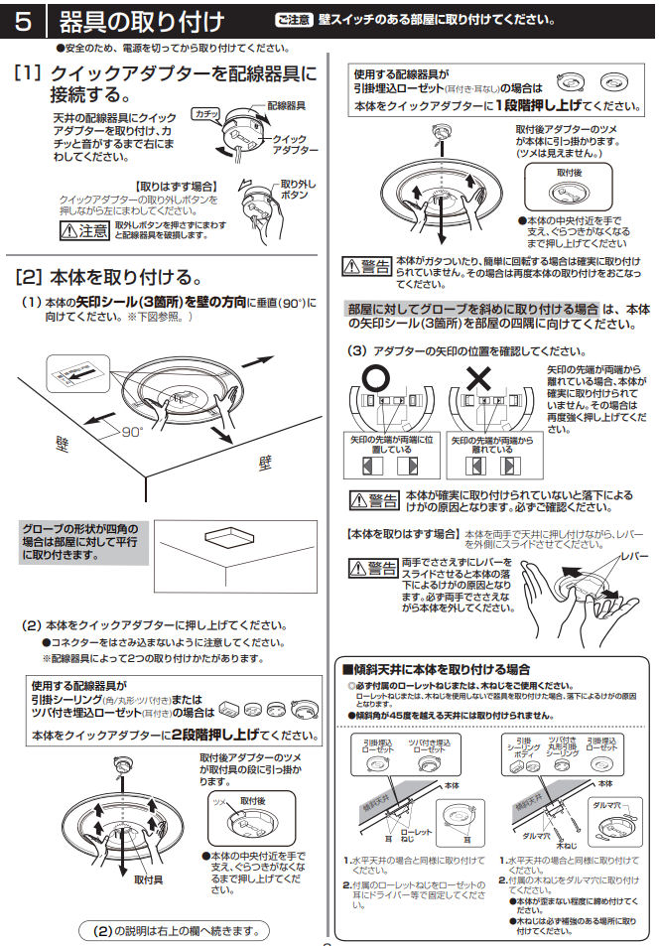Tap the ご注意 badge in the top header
(x=294, y=20)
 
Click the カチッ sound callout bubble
(x=205, y=114)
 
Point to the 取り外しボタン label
(x=297, y=190)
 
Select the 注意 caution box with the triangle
(x=83, y=231)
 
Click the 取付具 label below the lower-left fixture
(x=148, y=878)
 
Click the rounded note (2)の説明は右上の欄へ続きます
(x=174, y=930)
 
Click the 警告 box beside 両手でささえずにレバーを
(x=373, y=568)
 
